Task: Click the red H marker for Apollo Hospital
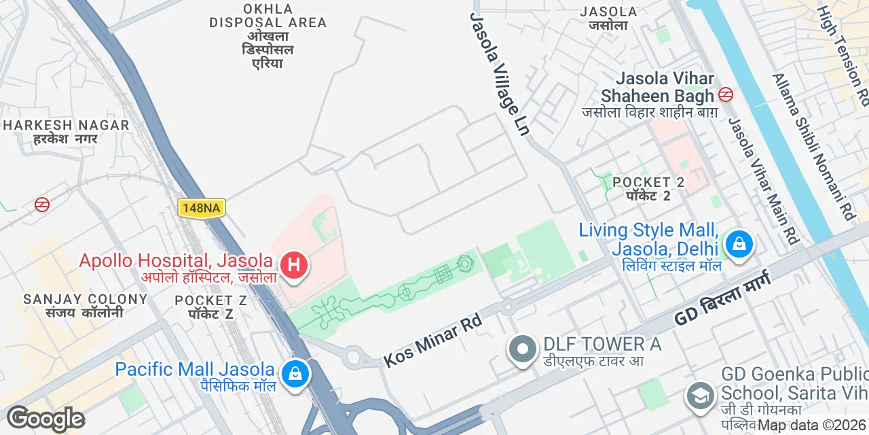(293, 264)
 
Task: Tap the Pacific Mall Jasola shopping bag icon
(295, 373)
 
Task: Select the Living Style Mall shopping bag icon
(739, 243)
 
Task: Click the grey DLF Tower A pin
(522, 349)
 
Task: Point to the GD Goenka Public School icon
(699, 395)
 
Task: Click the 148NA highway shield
(201, 208)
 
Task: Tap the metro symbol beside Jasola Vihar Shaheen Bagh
(726, 95)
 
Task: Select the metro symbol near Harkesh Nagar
(42, 204)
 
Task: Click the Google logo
(45, 419)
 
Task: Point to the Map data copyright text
(812, 425)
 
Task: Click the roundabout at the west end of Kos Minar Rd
(353, 355)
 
